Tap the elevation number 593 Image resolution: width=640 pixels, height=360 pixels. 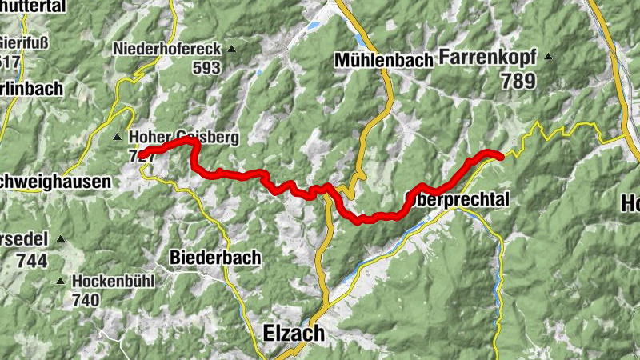pyautogui.click(x=206, y=68)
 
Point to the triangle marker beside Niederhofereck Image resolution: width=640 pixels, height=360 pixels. pyautogui.click(x=231, y=50)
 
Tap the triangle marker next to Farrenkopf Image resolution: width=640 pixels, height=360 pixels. pyautogui.click(x=548, y=56)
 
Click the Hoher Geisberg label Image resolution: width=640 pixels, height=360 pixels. pyautogui.click(x=183, y=138)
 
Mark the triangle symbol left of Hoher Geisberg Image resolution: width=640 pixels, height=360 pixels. pyautogui.click(x=117, y=137)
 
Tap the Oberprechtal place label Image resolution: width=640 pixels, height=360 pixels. pyautogui.click(x=457, y=197)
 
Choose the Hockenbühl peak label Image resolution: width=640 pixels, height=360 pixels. pyautogui.click(x=113, y=282)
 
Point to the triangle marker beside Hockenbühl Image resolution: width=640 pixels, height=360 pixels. pyautogui.click(x=61, y=281)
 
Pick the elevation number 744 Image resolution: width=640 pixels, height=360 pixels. pyautogui.click(x=32, y=261)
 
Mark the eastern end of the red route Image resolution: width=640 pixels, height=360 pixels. pyautogui.click(x=500, y=156)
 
